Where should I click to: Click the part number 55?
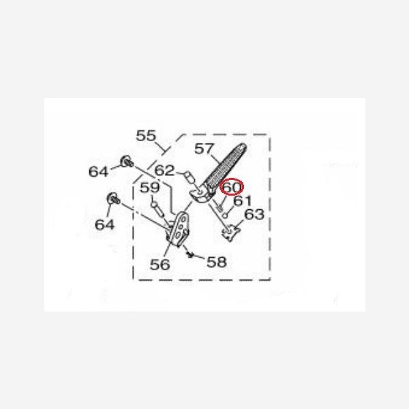(x=146, y=136)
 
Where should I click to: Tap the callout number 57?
(x=204, y=149)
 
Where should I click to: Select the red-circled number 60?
(x=232, y=187)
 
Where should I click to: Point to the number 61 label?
(x=242, y=201)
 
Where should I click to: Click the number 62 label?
(x=164, y=170)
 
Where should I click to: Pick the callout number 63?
(x=254, y=214)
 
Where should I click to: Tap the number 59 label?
(x=150, y=187)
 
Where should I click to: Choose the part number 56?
(x=160, y=264)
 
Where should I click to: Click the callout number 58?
(x=217, y=262)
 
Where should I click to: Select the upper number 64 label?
(x=98, y=172)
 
